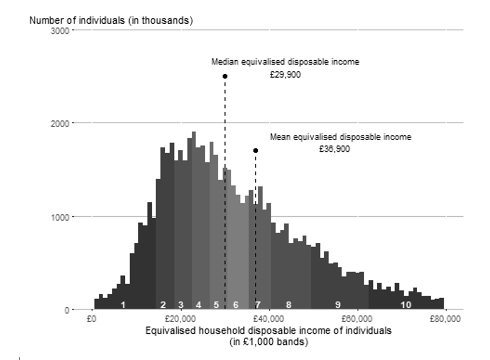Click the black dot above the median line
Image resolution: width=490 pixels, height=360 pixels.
pyautogui.click(x=225, y=76)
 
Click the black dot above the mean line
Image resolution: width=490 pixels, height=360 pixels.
pyautogui.click(x=256, y=151)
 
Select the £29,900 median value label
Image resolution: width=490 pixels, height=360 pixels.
pyautogui.click(x=285, y=75)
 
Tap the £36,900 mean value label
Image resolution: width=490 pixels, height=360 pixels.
pyautogui.click(x=334, y=149)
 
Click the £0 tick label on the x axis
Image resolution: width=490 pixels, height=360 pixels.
pyautogui.click(x=91, y=319)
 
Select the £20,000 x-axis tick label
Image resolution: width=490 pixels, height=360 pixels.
pyautogui.click(x=181, y=319)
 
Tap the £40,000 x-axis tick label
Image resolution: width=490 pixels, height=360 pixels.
pyautogui.click(x=270, y=319)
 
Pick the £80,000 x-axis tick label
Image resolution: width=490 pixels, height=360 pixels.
pyautogui.click(x=445, y=319)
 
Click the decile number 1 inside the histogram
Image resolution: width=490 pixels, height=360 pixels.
pyautogui.click(x=123, y=305)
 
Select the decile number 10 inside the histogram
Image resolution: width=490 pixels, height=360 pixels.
pyautogui.click(x=405, y=305)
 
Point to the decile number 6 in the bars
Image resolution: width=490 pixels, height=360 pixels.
pyautogui.click(x=236, y=305)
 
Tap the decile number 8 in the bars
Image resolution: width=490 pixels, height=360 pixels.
pyautogui.click(x=288, y=305)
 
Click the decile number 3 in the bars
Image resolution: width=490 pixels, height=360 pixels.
pyautogui.click(x=181, y=305)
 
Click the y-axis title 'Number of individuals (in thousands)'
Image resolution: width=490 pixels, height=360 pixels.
pyautogui.click(x=111, y=21)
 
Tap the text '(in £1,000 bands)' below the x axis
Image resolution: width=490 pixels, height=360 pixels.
pyautogui.click(x=269, y=342)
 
